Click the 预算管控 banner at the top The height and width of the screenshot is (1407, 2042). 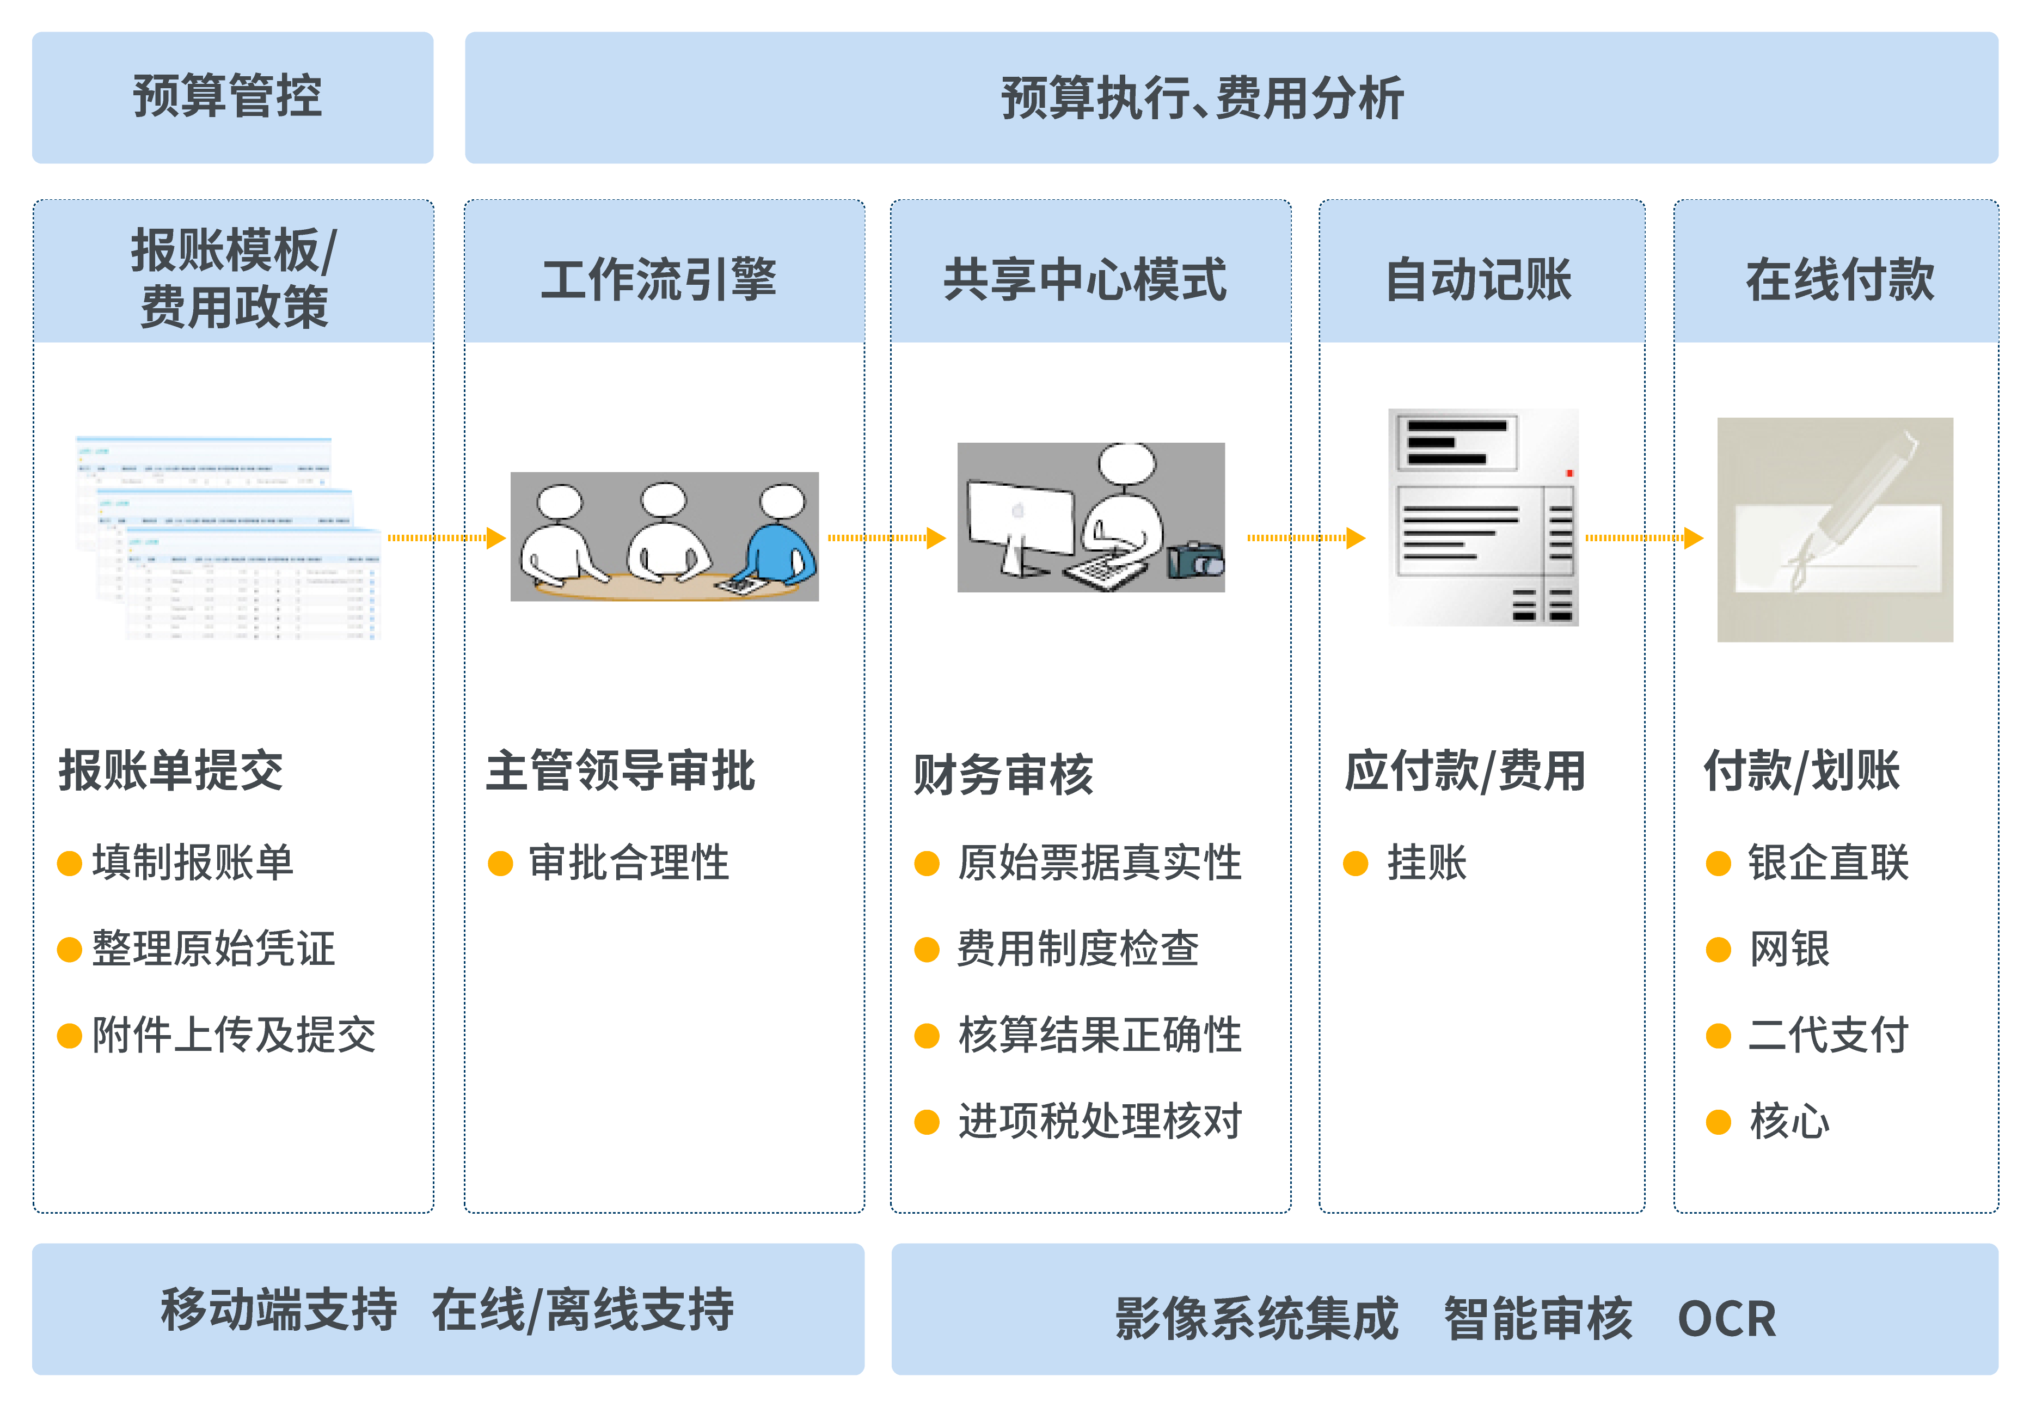pos(232,97)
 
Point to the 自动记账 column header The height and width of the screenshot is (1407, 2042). pos(1481,279)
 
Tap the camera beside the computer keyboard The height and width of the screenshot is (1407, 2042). pos(1195,559)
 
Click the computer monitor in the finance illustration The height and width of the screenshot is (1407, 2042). pos(1021,517)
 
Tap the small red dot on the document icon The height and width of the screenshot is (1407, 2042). pos(1569,473)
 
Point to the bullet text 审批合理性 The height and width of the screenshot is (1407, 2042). pos(628,862)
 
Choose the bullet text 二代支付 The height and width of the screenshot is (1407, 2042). pos(1828,1035)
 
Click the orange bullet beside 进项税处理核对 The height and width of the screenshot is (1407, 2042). pos(926,1121)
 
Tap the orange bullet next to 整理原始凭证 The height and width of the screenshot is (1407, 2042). pos(69,950)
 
